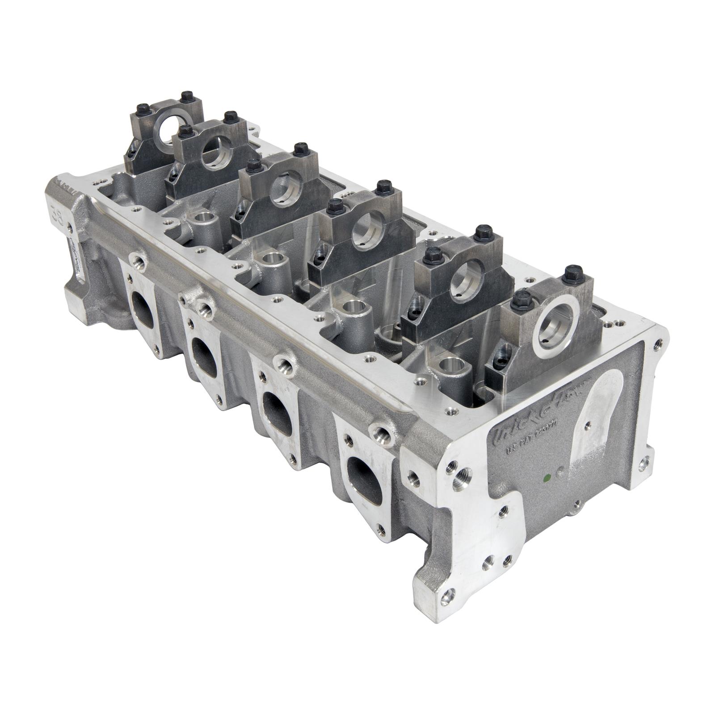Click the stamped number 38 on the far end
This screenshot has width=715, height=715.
tap(57, 210)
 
